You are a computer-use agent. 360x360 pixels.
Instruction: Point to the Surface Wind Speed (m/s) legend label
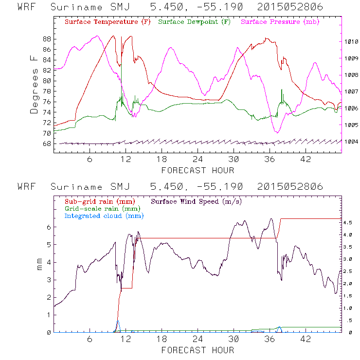tap(197, 201)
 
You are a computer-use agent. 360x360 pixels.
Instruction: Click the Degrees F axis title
tap(35, 84)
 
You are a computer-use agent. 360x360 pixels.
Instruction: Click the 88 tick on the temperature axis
tap(47, 39)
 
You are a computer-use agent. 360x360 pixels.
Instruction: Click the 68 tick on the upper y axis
tap(47, 144)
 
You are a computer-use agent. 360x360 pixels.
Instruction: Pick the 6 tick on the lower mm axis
tap(49, 227)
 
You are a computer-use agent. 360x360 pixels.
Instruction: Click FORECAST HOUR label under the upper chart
tap(198, 170)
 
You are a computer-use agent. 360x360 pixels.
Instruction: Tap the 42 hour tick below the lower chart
tap(306, 339)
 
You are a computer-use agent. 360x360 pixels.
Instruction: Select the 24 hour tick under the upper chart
tap(198, 160)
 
